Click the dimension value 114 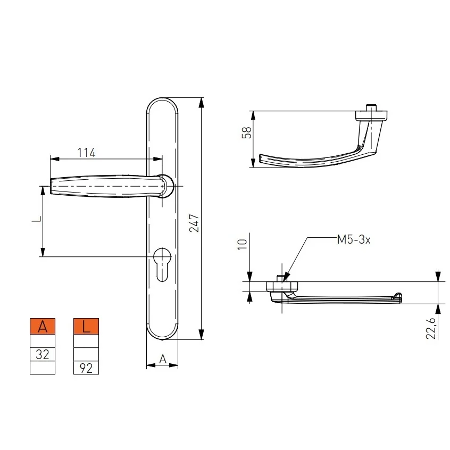(86, 153)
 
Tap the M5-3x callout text (354, 240)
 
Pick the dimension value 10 (243, 244)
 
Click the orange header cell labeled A (43, 326)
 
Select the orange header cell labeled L (86, 326)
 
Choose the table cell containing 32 (43, 354)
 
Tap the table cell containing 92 (86, 368)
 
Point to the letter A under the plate (163, 360)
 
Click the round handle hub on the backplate (166, 186)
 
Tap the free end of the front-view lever (53, 187)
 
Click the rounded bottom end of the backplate (162, 332)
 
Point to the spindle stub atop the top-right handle (372, 108)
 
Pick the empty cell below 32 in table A (43, 368)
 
